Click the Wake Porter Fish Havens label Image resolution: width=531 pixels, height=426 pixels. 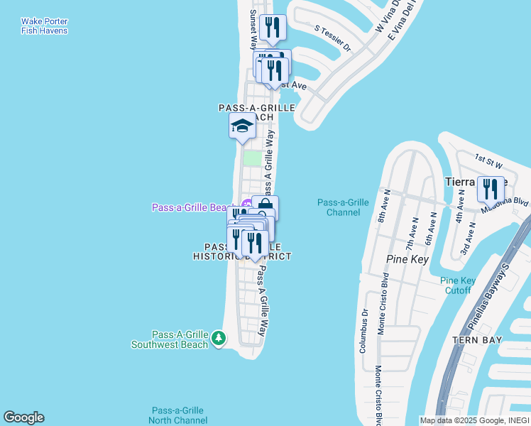click(x=44, y=26)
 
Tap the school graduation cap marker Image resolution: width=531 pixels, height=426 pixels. click(x=242, y=126)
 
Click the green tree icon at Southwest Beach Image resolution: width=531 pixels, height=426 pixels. click(x=219, y=339)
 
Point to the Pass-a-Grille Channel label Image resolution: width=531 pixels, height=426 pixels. click(x=343, y=207)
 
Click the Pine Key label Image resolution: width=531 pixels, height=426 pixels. click(x=403, y=259)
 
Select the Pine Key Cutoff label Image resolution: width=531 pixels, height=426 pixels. click(x=455, y=285)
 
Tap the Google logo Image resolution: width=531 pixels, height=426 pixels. click(x=23, y=417)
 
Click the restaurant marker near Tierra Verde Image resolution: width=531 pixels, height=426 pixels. click(x=491, y=189)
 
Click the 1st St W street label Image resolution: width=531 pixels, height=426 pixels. click(x=489, y=158)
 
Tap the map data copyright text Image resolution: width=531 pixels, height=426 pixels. click(x=474, y=420)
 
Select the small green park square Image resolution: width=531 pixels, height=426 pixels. click(x=252, y=158)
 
